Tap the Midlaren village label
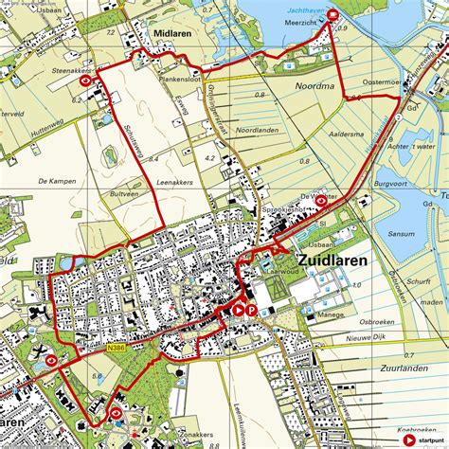[172, 32]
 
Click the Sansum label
[402, 231]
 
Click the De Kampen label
[56, 179]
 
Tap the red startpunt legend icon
[408, 440]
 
